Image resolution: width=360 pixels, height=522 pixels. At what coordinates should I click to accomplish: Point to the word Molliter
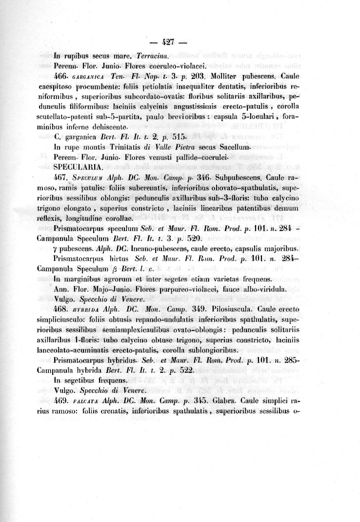pyautogui.click(x=228, y=77)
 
